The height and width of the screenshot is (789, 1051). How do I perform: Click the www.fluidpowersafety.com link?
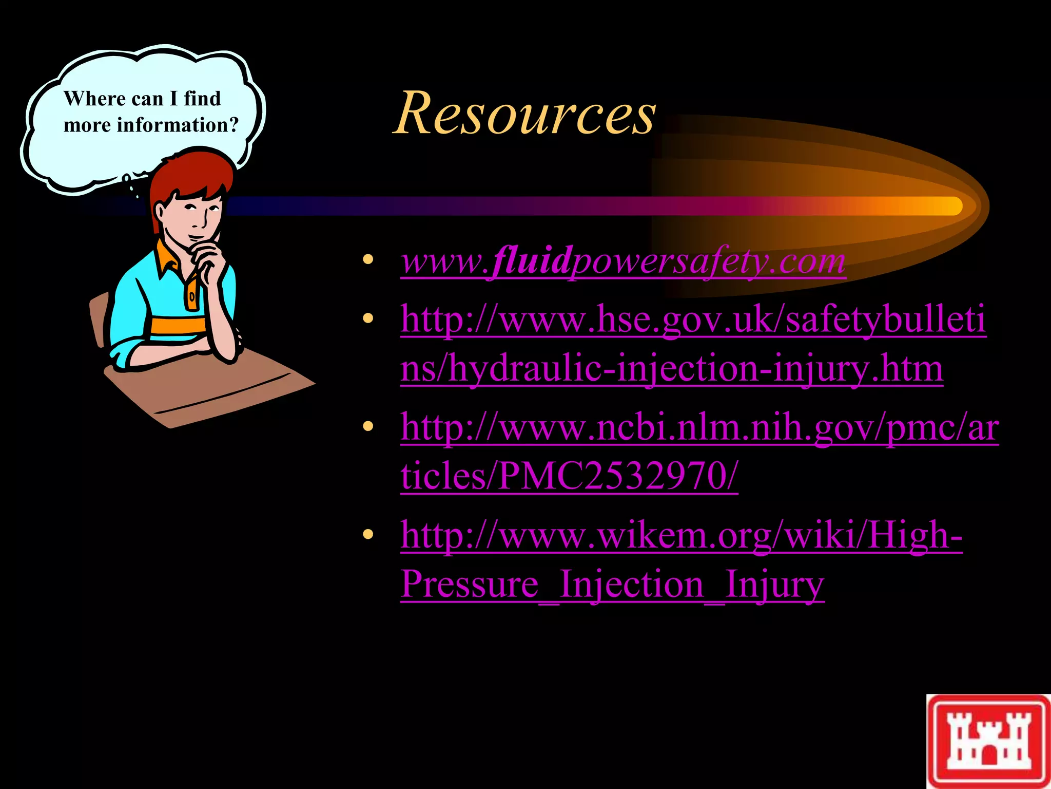point(623,261)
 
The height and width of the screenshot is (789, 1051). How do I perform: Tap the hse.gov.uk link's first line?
point(693,320)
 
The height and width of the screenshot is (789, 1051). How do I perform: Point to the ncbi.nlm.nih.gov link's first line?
point(699,427)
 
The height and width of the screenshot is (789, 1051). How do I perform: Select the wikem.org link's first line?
point(682,535)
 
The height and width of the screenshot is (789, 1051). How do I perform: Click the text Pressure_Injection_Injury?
point(612,585)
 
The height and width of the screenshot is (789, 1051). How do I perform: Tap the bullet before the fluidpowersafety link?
point(367,259)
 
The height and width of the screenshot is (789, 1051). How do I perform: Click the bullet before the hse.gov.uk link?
point(367,319)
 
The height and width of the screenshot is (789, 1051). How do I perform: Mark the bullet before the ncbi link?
point(367,426)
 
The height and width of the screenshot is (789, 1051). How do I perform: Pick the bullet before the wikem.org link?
point(367,535)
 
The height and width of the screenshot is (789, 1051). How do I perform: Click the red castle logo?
point(988,741)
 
